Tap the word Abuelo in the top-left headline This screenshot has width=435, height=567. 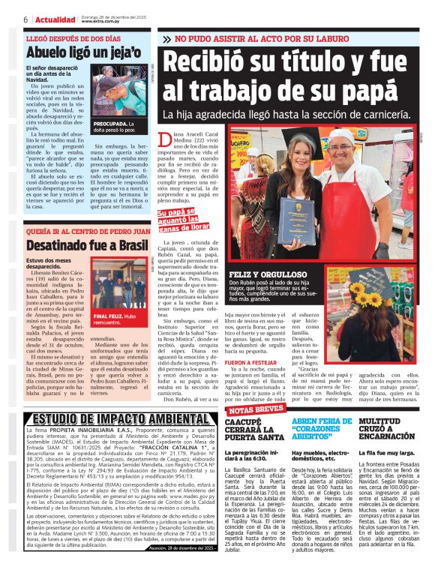(49, 52)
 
